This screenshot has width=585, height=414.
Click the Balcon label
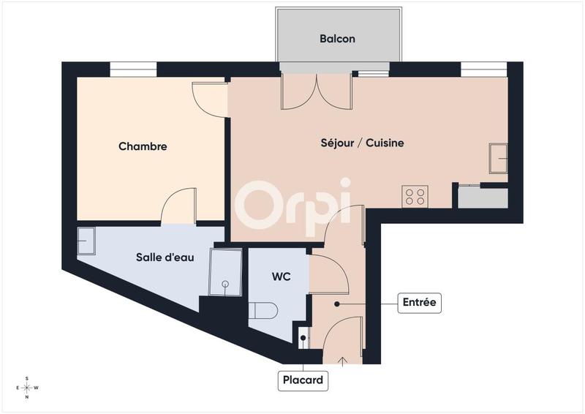337,39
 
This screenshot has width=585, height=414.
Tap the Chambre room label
143,146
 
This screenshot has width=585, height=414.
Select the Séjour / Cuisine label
362,143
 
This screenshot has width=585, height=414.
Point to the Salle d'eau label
165,257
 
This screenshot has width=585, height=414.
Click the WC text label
282,277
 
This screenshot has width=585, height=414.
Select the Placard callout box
302,381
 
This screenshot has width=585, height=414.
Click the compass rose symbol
27,388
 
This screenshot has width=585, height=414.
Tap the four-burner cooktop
415,196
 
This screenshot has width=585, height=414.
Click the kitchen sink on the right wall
499,158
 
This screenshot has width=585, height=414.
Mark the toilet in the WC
263,311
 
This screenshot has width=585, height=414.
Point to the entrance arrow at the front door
344,359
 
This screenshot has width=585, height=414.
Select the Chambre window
133,71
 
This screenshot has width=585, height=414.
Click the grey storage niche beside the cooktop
482,198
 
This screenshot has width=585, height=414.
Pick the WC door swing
329,274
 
